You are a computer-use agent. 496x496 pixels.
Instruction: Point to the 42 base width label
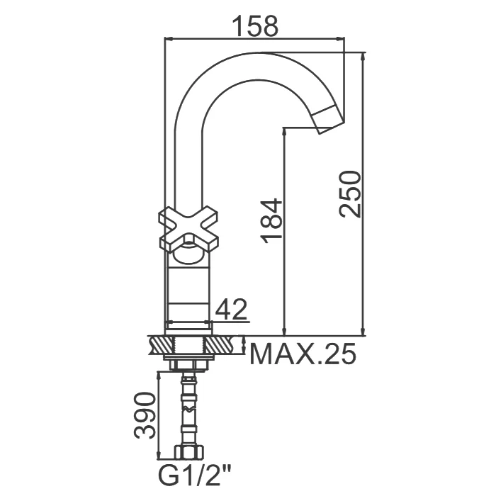[231, 310]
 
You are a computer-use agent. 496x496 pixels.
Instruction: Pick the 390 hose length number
[145, 415]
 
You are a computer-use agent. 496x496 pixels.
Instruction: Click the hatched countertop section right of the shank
[225, 346]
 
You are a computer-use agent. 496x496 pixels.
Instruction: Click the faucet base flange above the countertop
[188, 327]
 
